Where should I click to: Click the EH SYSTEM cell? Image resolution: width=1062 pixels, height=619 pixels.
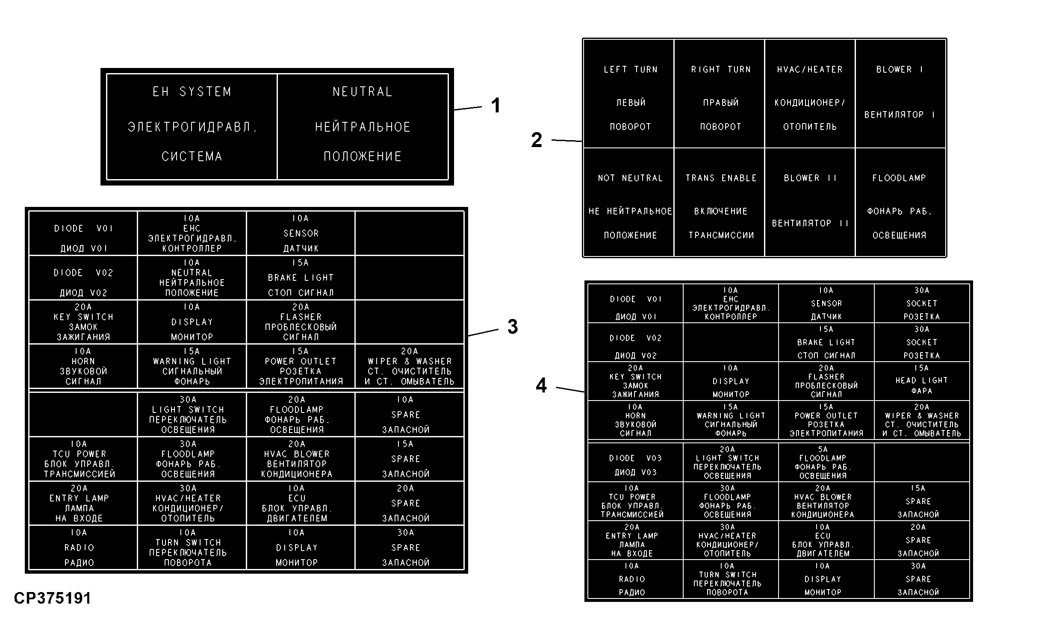[192, 127]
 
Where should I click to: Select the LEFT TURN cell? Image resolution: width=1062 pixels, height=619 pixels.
[629, 94]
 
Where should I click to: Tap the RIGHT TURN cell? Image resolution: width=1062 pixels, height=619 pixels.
[720, 94]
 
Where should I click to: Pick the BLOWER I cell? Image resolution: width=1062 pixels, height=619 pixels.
[900, 94]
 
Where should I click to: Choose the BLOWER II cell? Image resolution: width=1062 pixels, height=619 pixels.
[810, 202]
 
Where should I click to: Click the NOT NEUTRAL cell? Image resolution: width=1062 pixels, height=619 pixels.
[629, 202]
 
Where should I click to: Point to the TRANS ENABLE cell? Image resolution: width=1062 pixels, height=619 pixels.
[720, 202]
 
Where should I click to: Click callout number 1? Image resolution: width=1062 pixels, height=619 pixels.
[496, 106]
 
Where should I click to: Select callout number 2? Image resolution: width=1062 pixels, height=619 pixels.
[537, 140]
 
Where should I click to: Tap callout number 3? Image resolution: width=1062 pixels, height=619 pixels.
[513, 327]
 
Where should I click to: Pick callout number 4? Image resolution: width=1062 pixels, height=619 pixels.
[541, 385]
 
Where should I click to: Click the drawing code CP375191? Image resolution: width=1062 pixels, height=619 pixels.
[52, 598]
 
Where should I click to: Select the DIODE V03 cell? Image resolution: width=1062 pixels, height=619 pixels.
[635, 463]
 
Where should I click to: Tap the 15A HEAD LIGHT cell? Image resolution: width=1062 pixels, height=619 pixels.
[922, 381]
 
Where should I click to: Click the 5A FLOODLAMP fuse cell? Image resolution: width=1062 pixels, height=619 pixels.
[826, 463]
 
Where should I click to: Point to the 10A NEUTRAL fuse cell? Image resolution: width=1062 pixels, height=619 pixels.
[192, 278]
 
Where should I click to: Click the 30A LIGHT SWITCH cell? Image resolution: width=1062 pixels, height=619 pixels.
[192, 414]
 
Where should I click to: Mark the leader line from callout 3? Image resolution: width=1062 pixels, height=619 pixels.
[483, 333]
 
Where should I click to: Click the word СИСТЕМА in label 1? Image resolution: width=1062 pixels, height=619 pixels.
[192, 156]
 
